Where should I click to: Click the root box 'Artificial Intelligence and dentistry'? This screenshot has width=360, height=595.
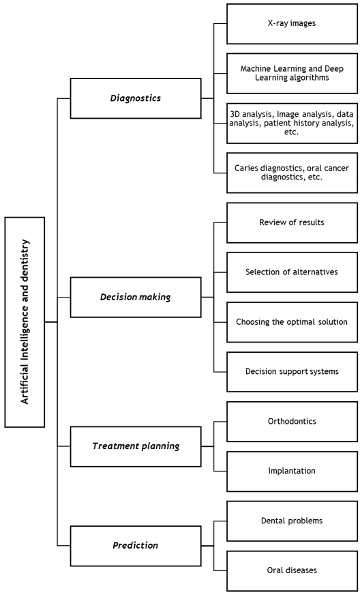(25, 322)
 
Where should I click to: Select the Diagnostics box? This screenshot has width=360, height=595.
(136, 98)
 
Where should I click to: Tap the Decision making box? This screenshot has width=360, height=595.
(136, 297)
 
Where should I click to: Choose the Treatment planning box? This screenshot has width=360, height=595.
(136, 446)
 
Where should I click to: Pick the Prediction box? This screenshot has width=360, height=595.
(136, 546)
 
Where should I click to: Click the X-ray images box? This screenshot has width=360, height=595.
(292, 23)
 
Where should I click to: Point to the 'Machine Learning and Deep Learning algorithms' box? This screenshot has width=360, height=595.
(292, 73)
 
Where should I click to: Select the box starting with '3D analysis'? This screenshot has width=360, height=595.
(292, 123)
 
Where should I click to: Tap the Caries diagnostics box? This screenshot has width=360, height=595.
(292, 173)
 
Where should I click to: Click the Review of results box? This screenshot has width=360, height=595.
(292, 222)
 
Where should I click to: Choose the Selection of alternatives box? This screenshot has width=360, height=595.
(292, 272)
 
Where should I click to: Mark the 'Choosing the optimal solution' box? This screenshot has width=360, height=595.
(292, 322)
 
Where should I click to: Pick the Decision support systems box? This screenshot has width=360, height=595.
(292, 372)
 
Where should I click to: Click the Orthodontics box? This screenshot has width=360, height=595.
(292, 422)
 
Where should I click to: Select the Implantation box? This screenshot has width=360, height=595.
(292, 471)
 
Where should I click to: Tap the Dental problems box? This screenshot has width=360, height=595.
(292, 521)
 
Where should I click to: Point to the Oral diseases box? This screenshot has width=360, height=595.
(292, 570)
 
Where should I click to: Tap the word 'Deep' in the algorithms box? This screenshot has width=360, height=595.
(335, 69)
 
